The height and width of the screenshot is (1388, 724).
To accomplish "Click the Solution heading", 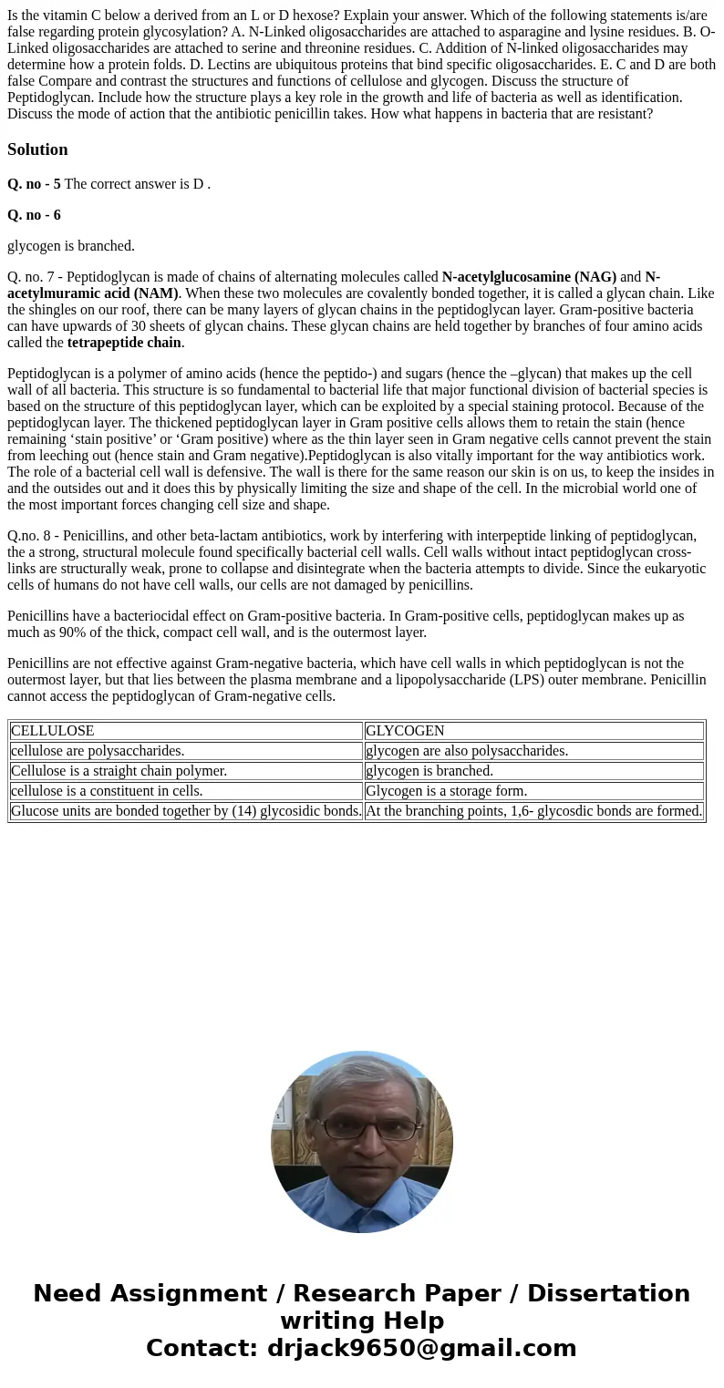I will coord(37,149).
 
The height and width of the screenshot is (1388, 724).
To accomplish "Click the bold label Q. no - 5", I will coord(34,184).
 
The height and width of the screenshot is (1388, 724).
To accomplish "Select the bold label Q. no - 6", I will coord(34,215).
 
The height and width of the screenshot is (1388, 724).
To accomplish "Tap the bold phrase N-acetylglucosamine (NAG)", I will coord(529,277).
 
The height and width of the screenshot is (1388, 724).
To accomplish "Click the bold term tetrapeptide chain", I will coord(124,343).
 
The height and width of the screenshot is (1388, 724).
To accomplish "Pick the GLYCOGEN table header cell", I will coord(405,731).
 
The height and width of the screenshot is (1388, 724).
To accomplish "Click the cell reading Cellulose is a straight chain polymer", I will coord(119,771).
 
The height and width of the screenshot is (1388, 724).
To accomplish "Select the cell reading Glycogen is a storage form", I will coord(446,791).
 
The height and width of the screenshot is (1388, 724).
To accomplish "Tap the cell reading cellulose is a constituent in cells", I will coord(107,791).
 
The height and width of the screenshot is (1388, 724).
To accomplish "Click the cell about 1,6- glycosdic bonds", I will coord(533,811).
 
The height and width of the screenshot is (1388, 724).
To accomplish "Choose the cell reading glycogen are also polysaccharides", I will coord(467,751).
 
